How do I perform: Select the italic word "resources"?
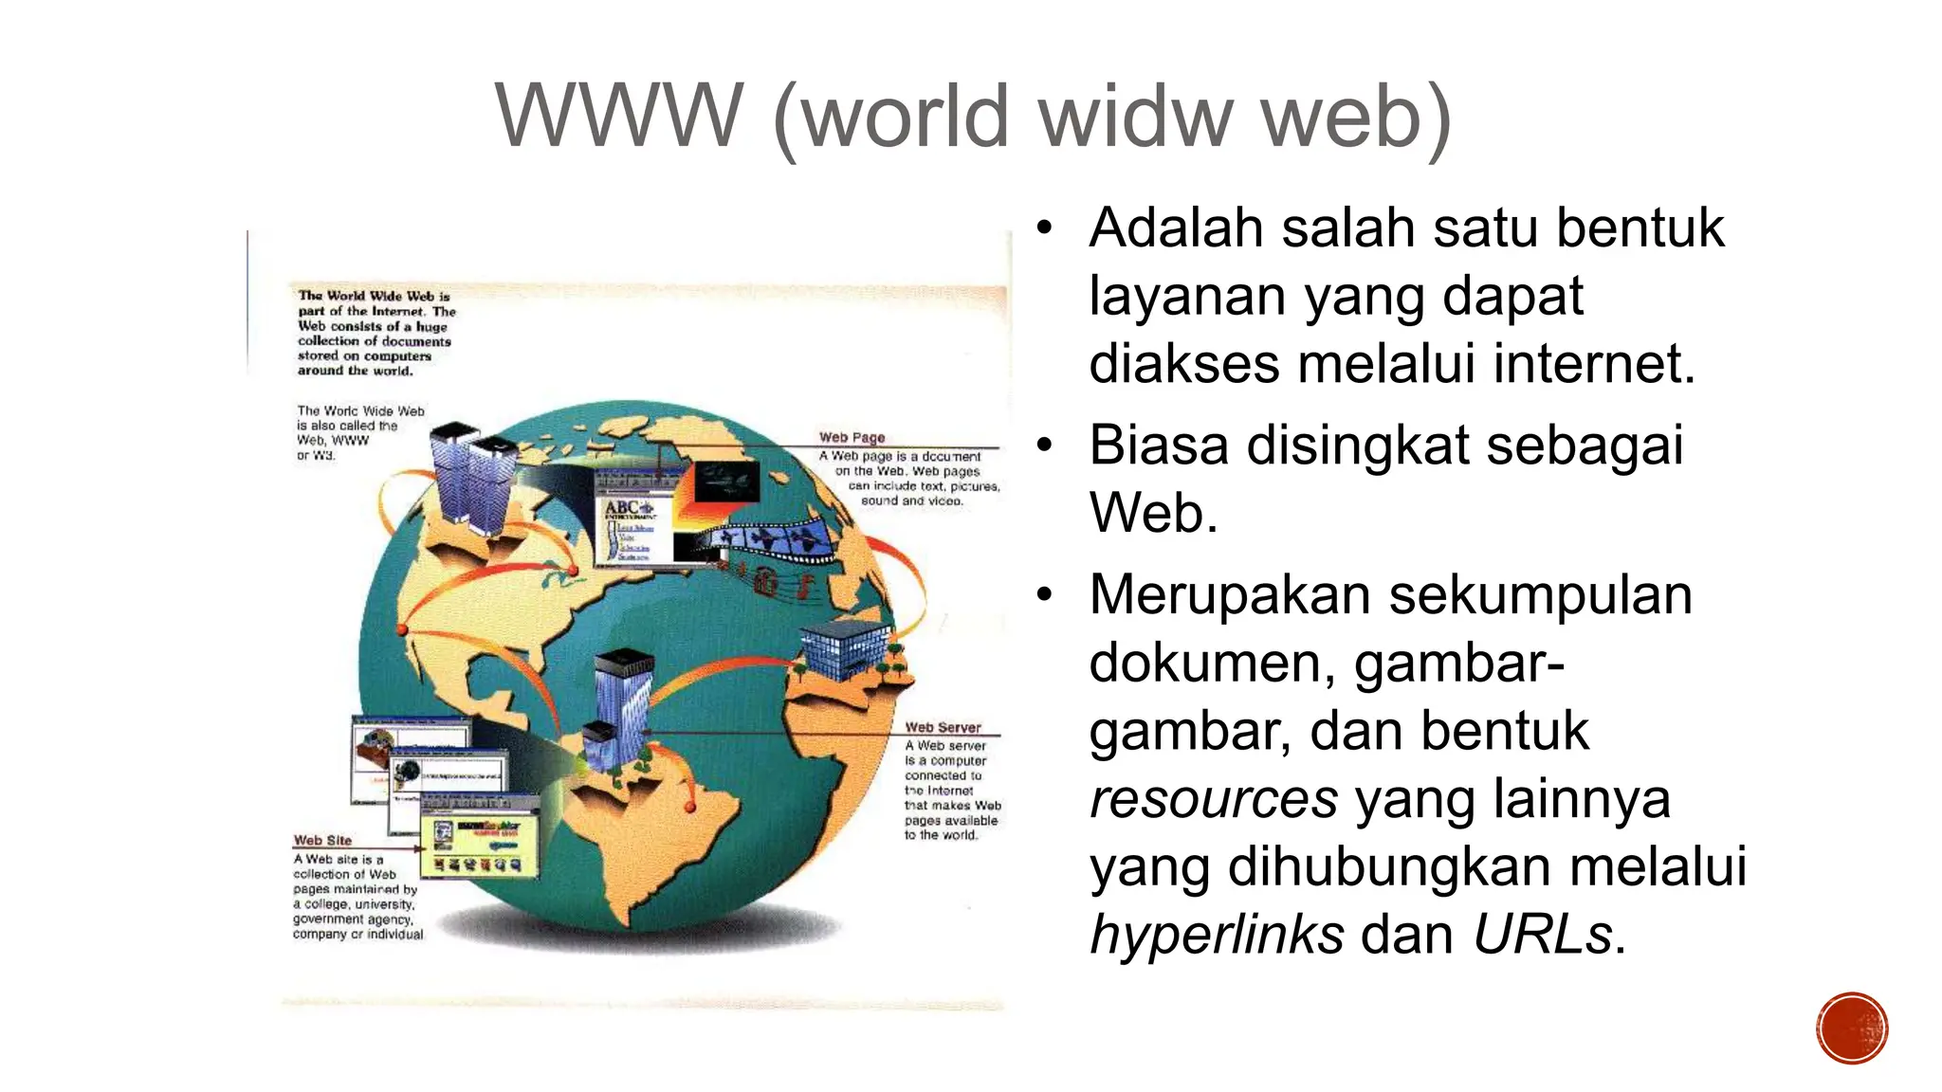click(1214, 798)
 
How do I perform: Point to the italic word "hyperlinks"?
click(1217, 935)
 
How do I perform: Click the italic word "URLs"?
click(1543, 935)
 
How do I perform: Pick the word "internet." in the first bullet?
click(1594, 363)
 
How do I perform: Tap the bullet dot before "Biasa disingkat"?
click(1045, 445)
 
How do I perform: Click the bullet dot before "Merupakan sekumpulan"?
click(1045, 594)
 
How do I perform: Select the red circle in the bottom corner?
click(1852, 1028)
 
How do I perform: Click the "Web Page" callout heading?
click(852, 437)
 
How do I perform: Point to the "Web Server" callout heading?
click(943, 727)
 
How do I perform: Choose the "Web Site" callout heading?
click(322, 840)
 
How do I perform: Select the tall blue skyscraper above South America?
click(622, 706)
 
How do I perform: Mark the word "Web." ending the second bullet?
click(1153, 513)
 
